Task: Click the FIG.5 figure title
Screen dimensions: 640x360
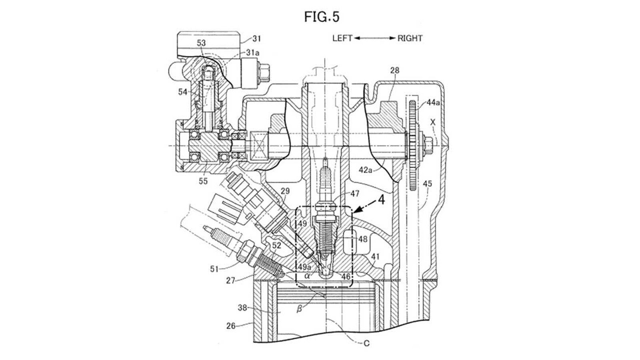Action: [322, 17]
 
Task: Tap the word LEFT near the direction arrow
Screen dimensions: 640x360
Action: [342, 38]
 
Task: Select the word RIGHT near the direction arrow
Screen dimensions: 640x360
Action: [410, 38]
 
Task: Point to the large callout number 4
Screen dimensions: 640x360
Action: [382, 200]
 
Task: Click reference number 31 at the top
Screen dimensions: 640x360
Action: [256, 38]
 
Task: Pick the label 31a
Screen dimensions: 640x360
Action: [253, 53]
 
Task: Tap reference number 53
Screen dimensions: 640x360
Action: [201, 43]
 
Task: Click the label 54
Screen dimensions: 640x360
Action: [183, 92]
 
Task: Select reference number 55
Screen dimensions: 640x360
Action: [203, 181]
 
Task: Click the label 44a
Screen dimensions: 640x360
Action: [433, 102]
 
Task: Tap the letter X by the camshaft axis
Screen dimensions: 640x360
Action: [433, 122]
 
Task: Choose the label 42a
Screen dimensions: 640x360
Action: [366, 170]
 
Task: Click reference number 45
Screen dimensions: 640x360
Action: [427, 184]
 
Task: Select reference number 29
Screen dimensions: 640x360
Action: [285, 191]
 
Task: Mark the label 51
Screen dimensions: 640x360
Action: [214, 269]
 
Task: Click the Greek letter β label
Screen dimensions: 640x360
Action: [299, 309]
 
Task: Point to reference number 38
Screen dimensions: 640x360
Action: [242, 308]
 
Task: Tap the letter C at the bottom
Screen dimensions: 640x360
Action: [366, 343]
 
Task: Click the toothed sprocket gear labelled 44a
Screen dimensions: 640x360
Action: [413, 146]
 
